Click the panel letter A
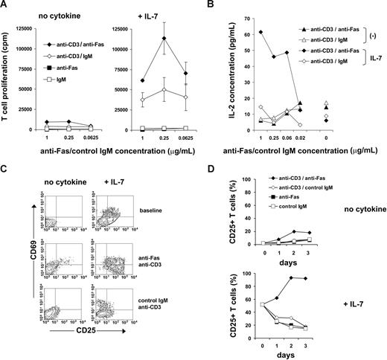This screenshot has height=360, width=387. click(x=6, y=6)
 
